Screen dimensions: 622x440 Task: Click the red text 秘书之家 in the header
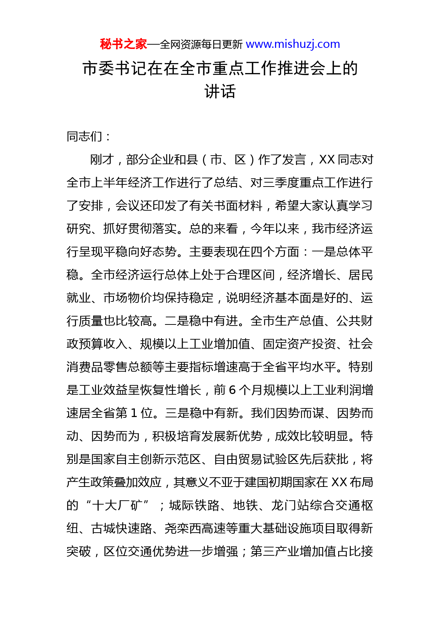coord(123,44)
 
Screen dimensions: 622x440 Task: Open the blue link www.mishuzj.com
coord(293,44)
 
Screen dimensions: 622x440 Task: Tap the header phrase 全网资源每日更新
coord(201,45)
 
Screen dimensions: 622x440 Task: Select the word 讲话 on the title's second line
coord(220,91)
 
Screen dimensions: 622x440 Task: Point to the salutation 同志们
coord(84,137)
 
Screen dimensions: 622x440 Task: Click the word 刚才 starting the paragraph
coord(102,160)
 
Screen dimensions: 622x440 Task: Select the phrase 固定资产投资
coord(299,344)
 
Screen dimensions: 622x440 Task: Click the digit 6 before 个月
coord(232,390)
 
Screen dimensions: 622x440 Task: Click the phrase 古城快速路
coord(121,528)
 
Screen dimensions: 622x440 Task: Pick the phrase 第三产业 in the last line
coord(275,551)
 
